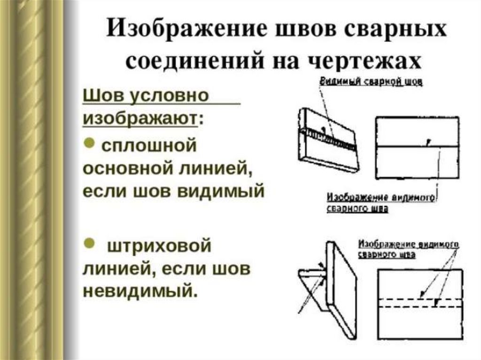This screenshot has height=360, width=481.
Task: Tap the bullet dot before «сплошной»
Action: pos(90,143)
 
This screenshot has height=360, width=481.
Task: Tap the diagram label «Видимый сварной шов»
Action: pos(371,82)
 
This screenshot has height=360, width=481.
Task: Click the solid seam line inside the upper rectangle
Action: pos(417,147)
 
